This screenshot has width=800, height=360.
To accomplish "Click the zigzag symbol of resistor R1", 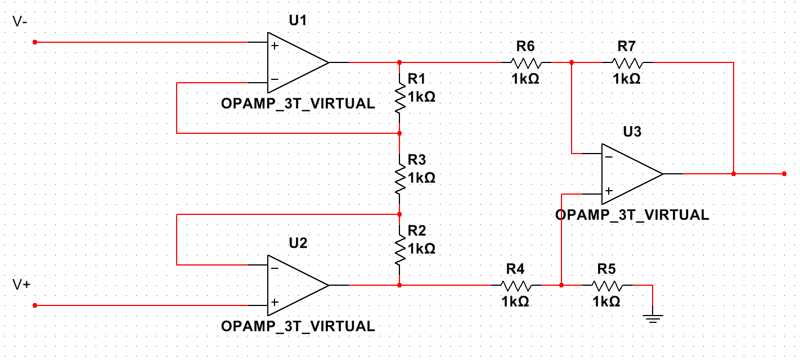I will click(x=399, y=98).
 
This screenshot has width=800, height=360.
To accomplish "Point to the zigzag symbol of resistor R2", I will click(x=399, y=249).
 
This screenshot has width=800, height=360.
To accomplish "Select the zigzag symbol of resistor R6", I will click(x=525, y=62).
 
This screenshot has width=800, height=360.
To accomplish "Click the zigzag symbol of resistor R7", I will click(x=627, y=62).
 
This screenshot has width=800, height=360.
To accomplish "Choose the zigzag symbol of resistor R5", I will click(x=606, y=285).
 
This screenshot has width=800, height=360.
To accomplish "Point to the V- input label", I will click(x=20, y=22).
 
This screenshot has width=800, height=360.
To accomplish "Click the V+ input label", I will click(x=21, y=285).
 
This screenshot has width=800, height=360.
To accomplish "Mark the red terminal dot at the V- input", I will click(x=35, y=42).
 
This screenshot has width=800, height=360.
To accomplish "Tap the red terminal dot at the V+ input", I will click(x=35, y=305).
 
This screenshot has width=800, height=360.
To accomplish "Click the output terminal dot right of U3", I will click(x=784, y=174).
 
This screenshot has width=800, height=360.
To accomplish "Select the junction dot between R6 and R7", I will click(x=572, y=62).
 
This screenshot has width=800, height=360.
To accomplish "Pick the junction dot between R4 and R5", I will click(x=561, y=285).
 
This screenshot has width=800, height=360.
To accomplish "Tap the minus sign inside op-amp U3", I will click(x=609, y=157).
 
